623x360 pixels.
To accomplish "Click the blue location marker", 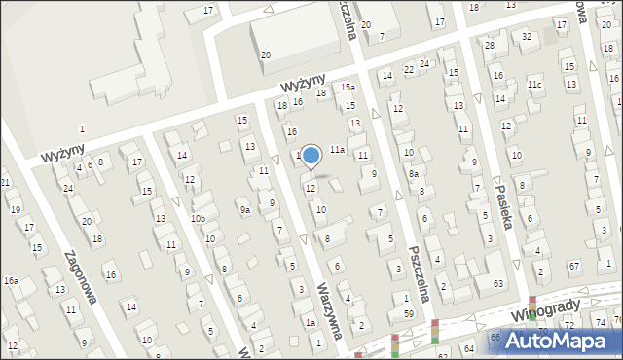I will (x=311, y=156).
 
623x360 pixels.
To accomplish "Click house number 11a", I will (x=337, y=150).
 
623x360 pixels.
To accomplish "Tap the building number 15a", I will (x=348, y=88).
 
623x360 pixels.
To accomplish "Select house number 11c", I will (x=534, y=85).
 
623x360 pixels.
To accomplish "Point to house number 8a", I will (x=414, y=174).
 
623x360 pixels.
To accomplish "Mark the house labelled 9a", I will (x=245, y=209).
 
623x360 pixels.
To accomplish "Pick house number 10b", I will (x=198, y=219).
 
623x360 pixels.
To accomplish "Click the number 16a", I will (x=11, y=280).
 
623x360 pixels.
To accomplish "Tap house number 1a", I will (x=311, y=322).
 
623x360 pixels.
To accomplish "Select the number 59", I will (x=409, y=313).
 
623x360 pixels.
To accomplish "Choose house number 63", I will (x=497, y=283).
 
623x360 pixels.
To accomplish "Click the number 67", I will (x=574, y=266).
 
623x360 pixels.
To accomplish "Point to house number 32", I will (x=527, y=37).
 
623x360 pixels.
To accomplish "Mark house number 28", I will (x=490, y=46).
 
